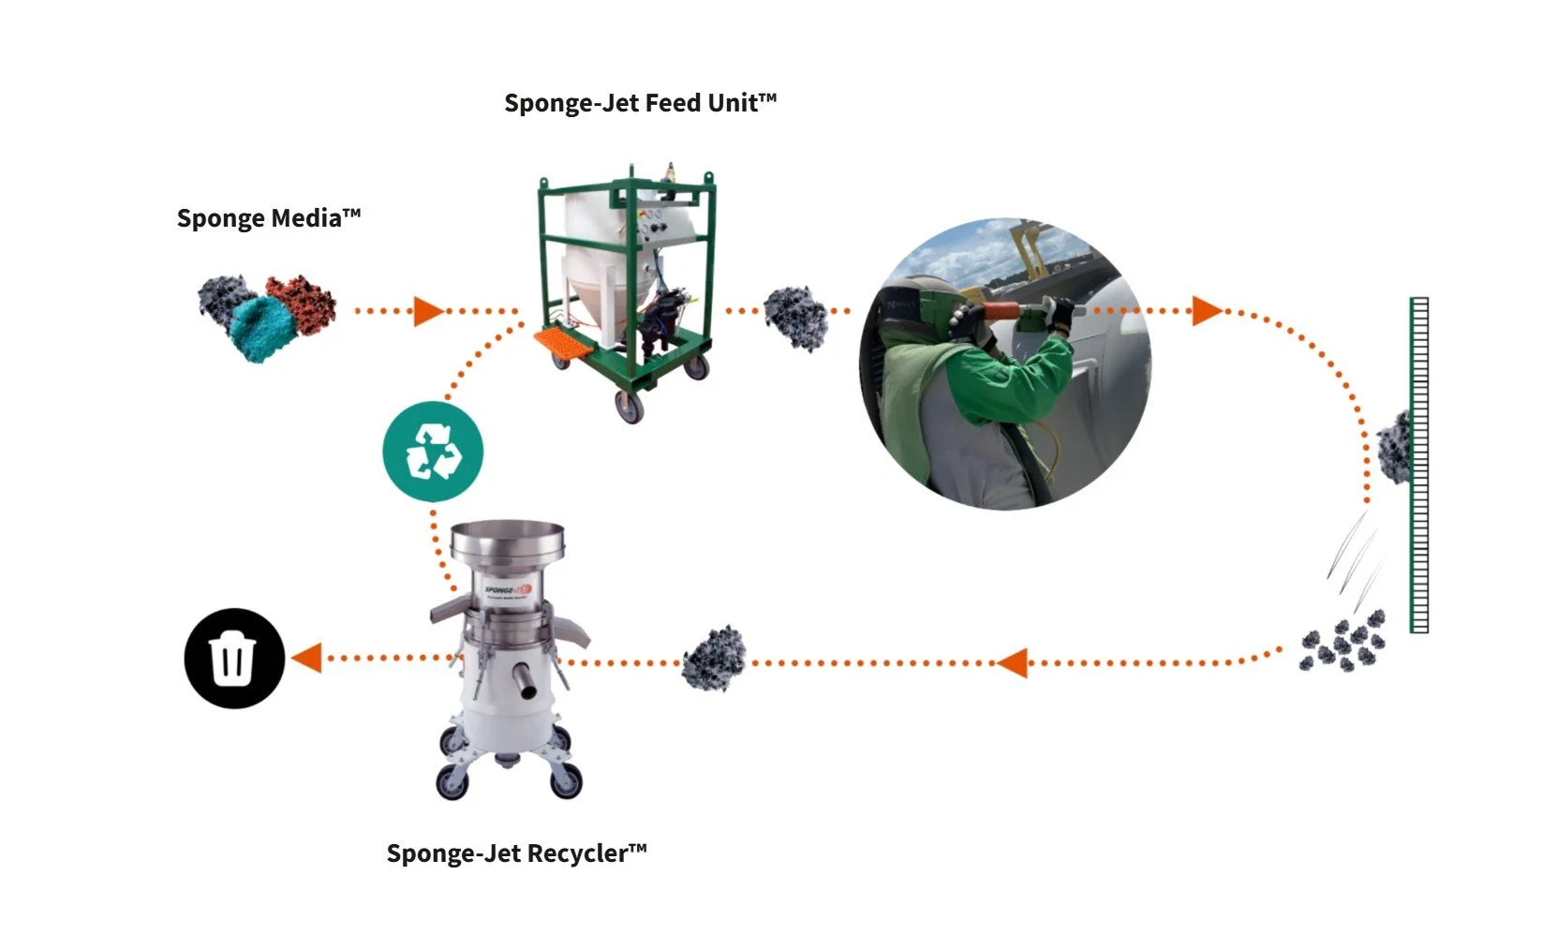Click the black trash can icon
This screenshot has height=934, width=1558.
pyautogui.click(x=233, y=658)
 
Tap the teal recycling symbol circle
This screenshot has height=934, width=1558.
pyautogui.click(x=433, y=452)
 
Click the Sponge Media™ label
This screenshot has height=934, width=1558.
pyautogui.click(x=269, y=218)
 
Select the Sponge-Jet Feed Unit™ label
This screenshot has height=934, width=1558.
pyautogui.click(x=641, y=103)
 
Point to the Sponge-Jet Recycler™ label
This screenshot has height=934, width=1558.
pyautogui.click(x=516, y=853)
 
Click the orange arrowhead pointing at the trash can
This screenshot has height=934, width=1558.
pyautogui.click(x=307, y=658)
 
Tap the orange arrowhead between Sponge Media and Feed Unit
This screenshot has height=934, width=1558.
pyautogui.click(x=427, y=311)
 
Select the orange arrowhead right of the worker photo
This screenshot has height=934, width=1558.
pyautogui.click(x=1206, y=311)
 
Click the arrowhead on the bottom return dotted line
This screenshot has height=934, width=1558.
pyautogui.click(x=1012, y=663)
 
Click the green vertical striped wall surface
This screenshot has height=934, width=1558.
pyautogui.click(x=1419, y=465)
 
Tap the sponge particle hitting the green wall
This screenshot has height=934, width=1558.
pyautogui.click(x=1394, y=448)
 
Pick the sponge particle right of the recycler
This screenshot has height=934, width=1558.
pyautogui.click(x=715, y=660)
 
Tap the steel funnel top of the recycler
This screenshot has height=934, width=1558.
pyautogui.click(x=508, y=542)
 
